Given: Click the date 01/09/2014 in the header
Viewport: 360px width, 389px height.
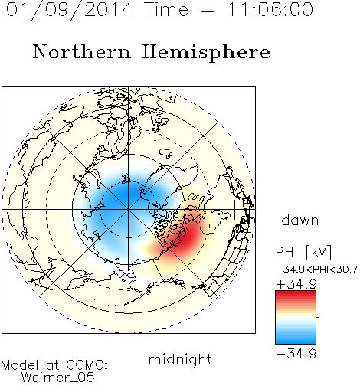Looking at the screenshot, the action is click(70, 10).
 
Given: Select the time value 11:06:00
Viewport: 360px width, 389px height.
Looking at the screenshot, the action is click(270, 9).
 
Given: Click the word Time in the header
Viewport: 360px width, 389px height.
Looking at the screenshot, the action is click(166, 9).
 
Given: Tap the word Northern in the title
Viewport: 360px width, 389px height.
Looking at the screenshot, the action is click(82, 51).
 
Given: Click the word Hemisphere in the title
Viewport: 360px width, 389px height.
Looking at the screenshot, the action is click(206, 53).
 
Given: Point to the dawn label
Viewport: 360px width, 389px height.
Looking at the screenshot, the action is click(300, 220).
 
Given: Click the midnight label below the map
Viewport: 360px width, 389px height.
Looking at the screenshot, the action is click(180, 360).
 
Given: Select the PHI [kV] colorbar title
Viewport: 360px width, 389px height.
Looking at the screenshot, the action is click(303, 252).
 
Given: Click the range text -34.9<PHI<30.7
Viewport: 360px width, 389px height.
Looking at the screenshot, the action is click(316, 270).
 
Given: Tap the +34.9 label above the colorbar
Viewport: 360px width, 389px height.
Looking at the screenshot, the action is click(296, 284).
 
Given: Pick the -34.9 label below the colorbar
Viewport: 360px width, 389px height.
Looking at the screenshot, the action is click(296, 354).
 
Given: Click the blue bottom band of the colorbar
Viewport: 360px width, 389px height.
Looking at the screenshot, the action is click(296, 338).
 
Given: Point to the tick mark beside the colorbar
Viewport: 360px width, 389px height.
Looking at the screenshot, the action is click(318, 317).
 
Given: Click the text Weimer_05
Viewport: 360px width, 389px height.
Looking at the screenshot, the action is click(57, 378).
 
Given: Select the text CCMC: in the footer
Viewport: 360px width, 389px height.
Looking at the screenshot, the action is click(87, 365).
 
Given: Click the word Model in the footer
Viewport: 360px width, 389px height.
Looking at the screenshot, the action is click(20, 365).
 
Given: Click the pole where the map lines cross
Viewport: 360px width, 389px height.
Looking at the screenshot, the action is click(129, 210).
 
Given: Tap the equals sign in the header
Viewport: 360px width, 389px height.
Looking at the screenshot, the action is click(208, 10).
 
